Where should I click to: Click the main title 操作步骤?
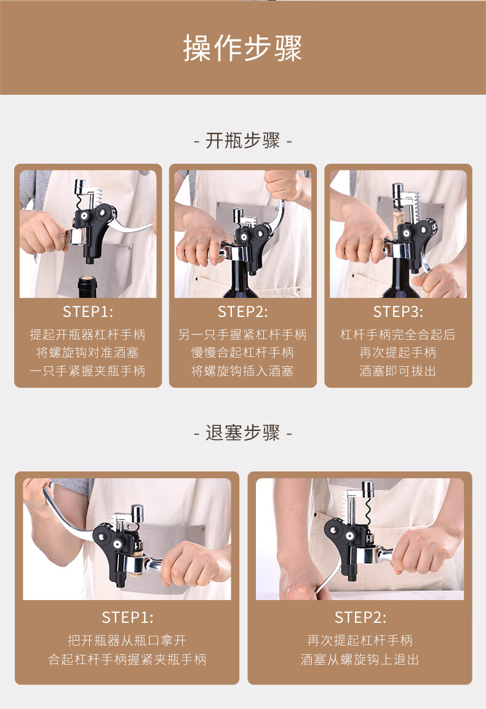243,48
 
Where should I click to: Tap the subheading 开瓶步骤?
243,140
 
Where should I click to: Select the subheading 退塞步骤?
243,433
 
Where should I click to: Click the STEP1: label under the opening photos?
88,311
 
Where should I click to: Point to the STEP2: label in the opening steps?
243,311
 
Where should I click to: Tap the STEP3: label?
398,311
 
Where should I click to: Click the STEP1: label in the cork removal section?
127,617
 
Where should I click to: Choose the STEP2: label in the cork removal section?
361,617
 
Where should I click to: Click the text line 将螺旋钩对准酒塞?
88,353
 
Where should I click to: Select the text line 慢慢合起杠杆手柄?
243,353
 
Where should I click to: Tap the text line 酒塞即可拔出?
398,371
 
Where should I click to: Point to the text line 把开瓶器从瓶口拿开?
127,640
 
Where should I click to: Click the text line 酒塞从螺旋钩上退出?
360,659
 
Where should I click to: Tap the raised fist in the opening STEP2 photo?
282,185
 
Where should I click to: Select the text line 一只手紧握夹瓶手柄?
88,371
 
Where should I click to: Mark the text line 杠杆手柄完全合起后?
398,335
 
